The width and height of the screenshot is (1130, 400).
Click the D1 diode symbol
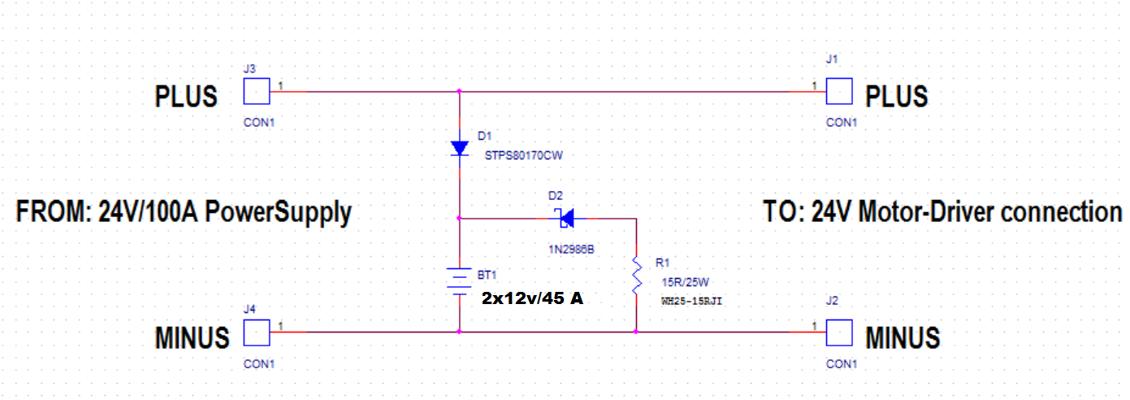pyautogui.click(x=459, y=148)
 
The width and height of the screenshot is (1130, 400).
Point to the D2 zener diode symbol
pyautogui.click(x=566, y=219)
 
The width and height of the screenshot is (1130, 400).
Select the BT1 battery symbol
pyautogui.click(x=459, y=281)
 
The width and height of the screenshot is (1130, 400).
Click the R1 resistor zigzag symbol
pyautogui.click(x=637, y=276)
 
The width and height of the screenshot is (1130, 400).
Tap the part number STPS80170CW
pyautogui.click(x=524, y=155)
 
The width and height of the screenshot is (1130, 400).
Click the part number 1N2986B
pyautogui.click(x=571, y=250)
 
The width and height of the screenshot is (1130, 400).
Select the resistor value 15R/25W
pyautogui.click(x=685, y=282)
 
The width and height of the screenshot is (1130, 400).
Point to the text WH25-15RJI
pyautogui.click(x=691, y=302)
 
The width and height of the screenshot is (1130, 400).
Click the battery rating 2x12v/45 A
pyautogui.click(x=532, y=298)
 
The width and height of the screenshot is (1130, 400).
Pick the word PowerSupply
pyautogui.click(x=278, y=213)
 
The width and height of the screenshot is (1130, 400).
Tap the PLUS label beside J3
pyautogui.click(x=186, y=97)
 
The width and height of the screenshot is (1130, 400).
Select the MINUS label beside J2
pyautogui.click(x=903, y=338)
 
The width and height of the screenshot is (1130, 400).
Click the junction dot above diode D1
pyautogui.click(x=459, y=91)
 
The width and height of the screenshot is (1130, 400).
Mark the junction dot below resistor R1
pyautogui.click(x=636, y=332)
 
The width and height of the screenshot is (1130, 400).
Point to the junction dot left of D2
pyautogui.click(x=459, y=218)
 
